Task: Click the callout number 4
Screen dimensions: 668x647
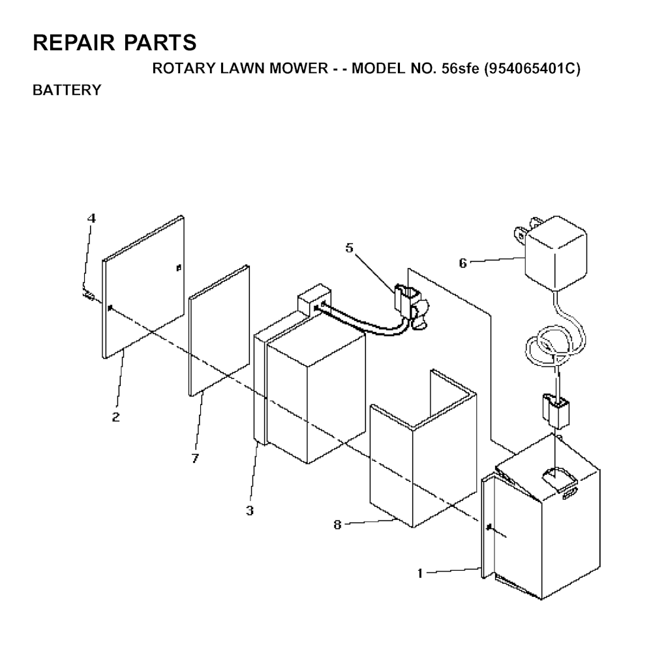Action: (x=91, y=218)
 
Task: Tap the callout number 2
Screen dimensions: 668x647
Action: (x=116, y=417)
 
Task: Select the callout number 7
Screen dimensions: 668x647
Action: (x=195, y=459)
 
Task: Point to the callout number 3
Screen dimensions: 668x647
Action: (x=250, y=510)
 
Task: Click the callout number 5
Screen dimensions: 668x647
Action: (x=350, y=248)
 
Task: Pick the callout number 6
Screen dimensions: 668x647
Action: (x=463, y=263)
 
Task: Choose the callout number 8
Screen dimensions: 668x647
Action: (x=337, y=525)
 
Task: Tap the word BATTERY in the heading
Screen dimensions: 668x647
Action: (x=67, y=90)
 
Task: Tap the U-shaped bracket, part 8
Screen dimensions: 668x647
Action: (x=423, y=448)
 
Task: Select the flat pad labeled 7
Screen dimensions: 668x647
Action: (x=219, y=331)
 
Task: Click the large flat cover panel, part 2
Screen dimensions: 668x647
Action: (x=143, y=287)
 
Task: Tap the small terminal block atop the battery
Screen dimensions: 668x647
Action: (x=314, y=299)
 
